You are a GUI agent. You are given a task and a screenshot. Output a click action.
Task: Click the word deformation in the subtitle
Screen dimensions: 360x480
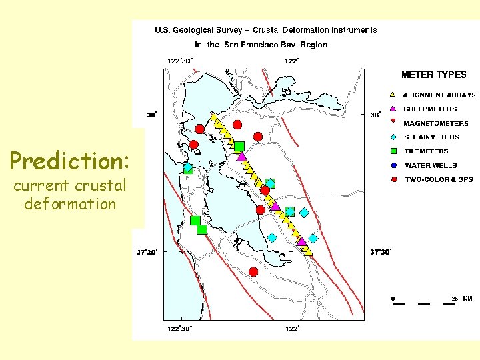pos(69,204)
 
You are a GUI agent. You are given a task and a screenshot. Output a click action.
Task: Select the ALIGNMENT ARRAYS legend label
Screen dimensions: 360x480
pos(440,95)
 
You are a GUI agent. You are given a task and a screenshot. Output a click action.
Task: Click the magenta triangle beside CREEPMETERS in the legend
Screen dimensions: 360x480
pos(393,109)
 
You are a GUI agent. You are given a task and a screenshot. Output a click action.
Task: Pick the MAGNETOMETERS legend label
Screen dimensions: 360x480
pos(436,123)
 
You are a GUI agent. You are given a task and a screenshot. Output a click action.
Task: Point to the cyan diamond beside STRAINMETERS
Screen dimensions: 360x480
pos(393,137)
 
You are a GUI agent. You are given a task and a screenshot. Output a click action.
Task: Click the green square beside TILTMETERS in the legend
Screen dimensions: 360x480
pos(393,151)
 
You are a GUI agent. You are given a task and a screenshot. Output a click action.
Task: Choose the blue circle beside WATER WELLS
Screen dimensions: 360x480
pos(393,165)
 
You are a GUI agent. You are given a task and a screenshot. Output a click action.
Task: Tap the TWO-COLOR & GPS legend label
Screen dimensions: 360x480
pos(439,179)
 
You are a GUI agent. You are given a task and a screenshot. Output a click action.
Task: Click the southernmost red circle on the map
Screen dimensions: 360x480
pos(253,271)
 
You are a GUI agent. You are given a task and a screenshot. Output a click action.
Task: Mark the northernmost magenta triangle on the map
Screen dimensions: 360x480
pos(242,157)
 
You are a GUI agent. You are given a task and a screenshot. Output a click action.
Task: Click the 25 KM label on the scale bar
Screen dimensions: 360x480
pos(462,299)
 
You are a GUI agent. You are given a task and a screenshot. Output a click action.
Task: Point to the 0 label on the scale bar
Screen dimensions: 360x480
pos(393,299)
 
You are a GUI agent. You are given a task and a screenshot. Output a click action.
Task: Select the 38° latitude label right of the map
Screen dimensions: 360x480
pos(375,115)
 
